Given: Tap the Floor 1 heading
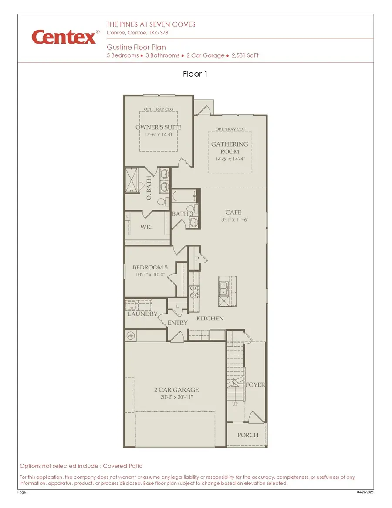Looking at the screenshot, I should [x=195, y=74].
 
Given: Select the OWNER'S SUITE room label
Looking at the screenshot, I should [x=158, y=127].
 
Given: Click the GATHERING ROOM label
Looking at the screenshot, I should [x=230, y=148].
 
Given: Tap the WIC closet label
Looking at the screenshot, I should [x=146, y=227].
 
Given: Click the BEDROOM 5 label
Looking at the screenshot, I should [x=150, y=267].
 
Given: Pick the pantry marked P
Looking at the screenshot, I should [x=196, y=259].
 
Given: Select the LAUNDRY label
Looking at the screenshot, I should [x=142, y=314].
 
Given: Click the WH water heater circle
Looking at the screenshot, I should [x=130, y=336].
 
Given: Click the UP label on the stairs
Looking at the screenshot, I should [x=234, y=404].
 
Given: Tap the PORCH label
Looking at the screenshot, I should [x=247, y=435].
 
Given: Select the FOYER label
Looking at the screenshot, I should [x=255, y=385].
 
